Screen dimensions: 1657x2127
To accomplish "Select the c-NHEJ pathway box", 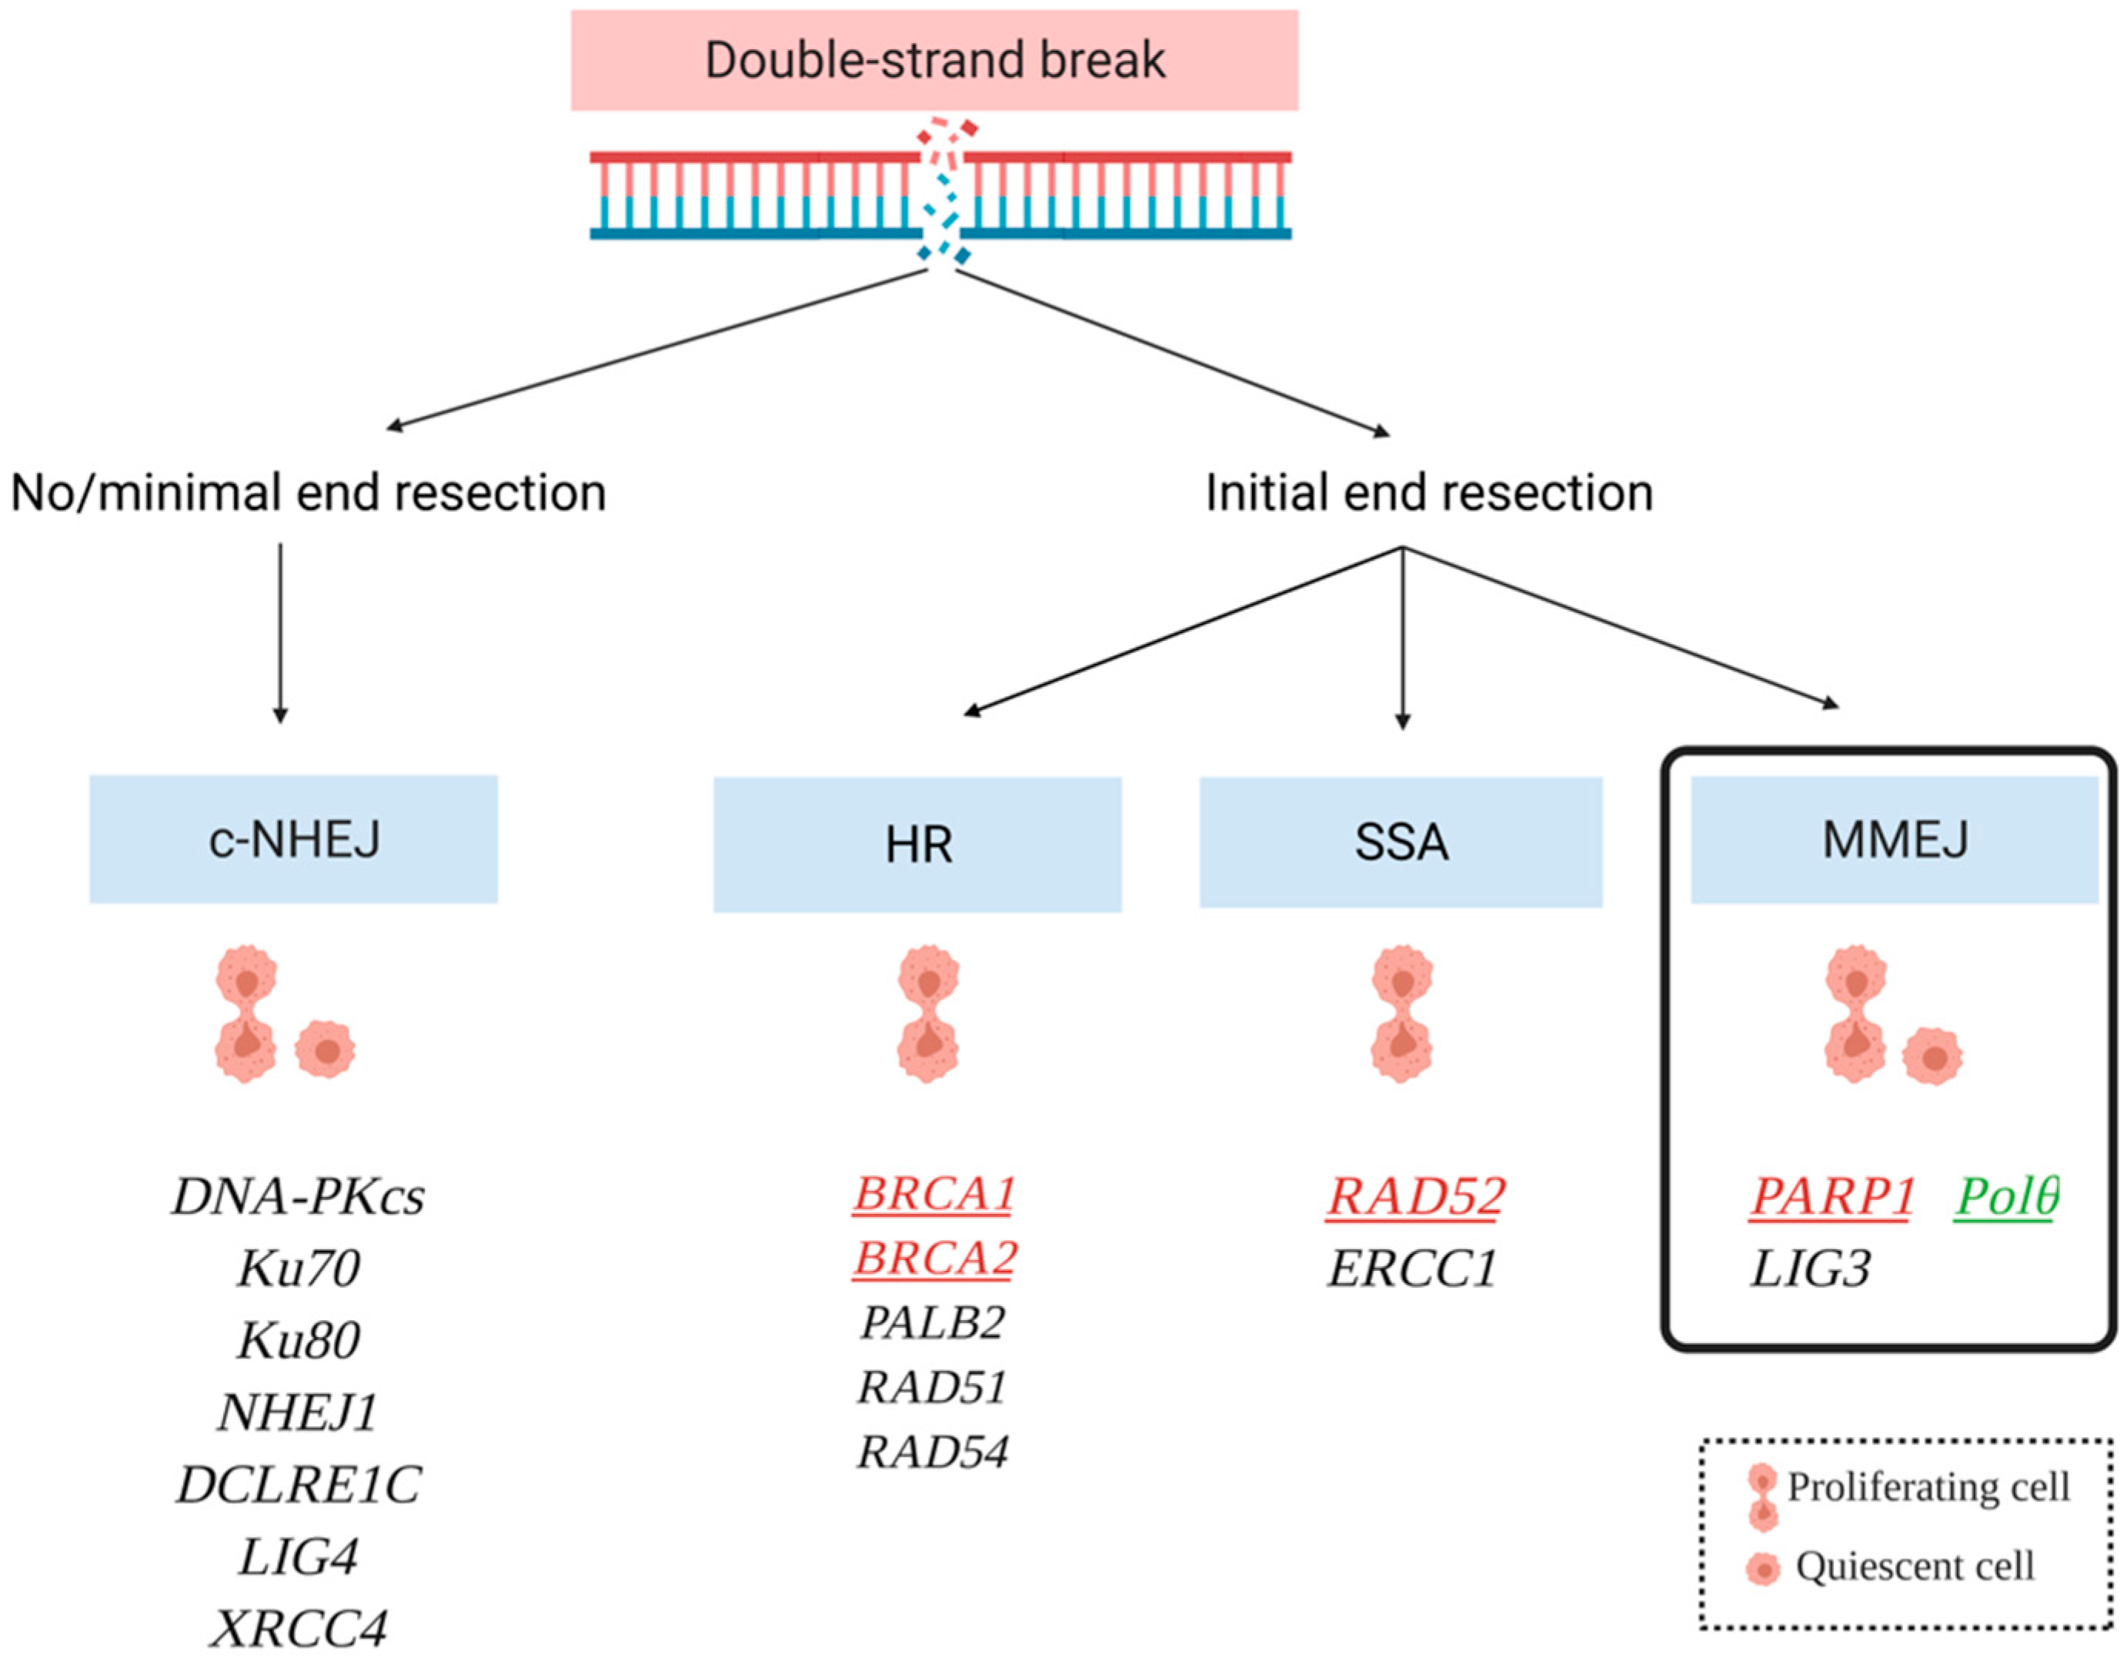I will [293, 839].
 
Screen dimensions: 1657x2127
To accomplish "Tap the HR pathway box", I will [917, 844].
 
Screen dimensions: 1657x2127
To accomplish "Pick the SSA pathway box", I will [1401, 842].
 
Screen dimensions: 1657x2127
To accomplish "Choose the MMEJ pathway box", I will [1895, 839].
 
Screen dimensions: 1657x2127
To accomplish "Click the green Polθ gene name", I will [2006, 1196].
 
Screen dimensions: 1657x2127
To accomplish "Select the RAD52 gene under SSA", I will [1415, 1196].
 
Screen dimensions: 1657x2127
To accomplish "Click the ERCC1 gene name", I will [1411, 1269].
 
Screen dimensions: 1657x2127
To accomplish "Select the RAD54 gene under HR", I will [932, 1452].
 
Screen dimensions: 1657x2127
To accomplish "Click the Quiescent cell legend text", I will [1915, 1566].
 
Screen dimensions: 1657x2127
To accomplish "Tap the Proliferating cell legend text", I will [1928, 1487].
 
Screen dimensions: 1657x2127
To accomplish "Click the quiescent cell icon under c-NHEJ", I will [326, 1049].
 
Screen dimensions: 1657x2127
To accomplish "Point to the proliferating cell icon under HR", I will [928, 1012].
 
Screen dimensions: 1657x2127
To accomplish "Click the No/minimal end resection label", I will [308, 492].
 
